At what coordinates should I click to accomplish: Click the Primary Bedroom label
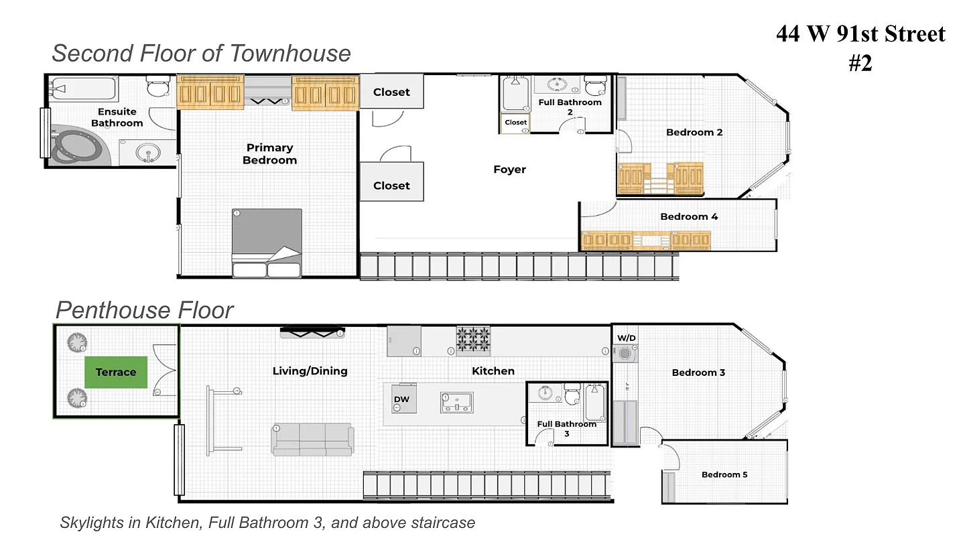(269, 153)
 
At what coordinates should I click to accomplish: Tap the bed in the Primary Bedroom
(267, 243)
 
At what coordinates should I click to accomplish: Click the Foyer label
(509, 170)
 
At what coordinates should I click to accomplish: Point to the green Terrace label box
(115, 372)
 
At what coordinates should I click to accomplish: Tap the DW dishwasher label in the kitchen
(401, 399)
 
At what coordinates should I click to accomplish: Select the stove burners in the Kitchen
(473, 340)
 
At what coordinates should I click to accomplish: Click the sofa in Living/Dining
(312, 440)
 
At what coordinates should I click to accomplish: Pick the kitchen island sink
(456, 402)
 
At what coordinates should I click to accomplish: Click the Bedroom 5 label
(724, 474)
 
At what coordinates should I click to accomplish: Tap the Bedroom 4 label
(689, 216)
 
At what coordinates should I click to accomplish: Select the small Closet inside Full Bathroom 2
(515, 123)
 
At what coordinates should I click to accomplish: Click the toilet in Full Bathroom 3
(572, 395)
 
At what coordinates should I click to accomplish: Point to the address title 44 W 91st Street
(860, 33)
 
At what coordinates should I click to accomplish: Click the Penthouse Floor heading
(144, 310)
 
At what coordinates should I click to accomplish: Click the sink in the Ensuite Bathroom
(147, 153)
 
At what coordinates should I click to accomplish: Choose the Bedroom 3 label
(698, 373)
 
